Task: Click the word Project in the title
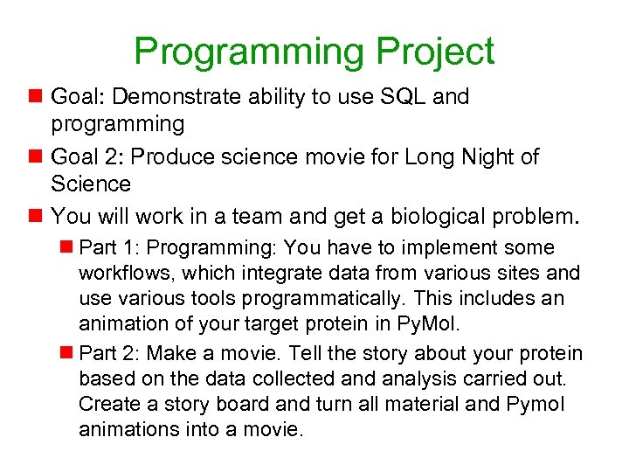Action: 435,52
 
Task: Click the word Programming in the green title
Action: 249,52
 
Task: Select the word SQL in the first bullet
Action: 400,97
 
